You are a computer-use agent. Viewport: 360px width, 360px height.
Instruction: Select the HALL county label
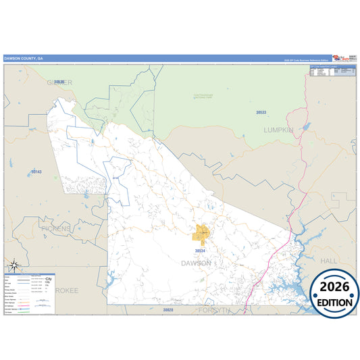click(330, 260)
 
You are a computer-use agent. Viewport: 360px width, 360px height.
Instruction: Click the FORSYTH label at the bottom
click(215, 310)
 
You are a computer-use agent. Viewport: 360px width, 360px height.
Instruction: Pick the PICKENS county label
click(55, 229)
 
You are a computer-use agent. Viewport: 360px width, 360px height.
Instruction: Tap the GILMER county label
click(59, 82)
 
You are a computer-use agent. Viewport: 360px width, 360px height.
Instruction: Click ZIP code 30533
click(261, 112)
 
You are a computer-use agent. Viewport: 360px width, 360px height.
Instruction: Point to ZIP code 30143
click(36, 172)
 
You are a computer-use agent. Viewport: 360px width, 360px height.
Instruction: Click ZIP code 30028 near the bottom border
click(168, 309)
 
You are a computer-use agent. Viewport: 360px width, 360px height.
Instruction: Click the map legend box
click(30, 292)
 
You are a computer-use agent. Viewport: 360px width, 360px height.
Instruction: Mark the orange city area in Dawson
click(202, 234)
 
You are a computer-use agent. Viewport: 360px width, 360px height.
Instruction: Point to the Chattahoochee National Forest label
click(200, 97)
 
